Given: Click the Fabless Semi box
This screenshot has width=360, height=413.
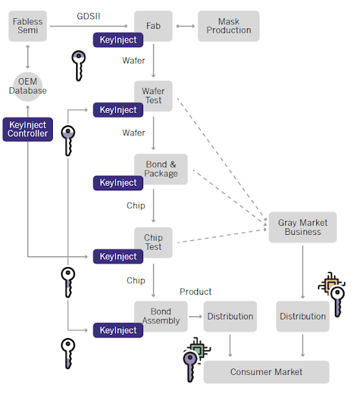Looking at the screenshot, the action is tap(28, 26).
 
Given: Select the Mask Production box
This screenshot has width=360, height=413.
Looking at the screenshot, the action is tap(228, 26).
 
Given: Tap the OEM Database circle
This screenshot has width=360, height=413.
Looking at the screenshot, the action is tap(28, 86).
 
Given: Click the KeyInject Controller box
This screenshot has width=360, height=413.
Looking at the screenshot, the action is tap(28, 129).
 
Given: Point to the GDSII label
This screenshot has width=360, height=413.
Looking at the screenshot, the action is tap(88, 16).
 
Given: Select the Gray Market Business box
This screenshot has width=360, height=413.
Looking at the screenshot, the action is tap(303, 227).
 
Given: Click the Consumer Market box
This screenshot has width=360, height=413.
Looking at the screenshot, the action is tap(266, 372).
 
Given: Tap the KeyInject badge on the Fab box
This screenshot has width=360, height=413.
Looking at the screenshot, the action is tap(118, 40).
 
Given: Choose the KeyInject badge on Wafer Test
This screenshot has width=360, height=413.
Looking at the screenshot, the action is tap(118, 110).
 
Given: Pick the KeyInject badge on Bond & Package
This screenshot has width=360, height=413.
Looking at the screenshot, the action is tap(118, 183).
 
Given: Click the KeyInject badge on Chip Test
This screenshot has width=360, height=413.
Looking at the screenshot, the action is tap(118, 256).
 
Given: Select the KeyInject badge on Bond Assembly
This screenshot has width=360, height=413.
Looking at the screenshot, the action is tap(118, 330).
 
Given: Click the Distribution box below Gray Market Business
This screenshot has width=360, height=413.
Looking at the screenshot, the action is tap(303, 316).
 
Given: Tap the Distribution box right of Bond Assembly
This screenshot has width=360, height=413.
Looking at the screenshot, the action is tap(230, 316).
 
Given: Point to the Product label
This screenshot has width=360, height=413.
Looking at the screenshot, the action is tap(195, 292).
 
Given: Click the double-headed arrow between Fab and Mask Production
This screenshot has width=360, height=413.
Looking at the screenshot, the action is tap(185, 26).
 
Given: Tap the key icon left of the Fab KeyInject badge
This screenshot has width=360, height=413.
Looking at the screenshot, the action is tap(79, 66).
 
